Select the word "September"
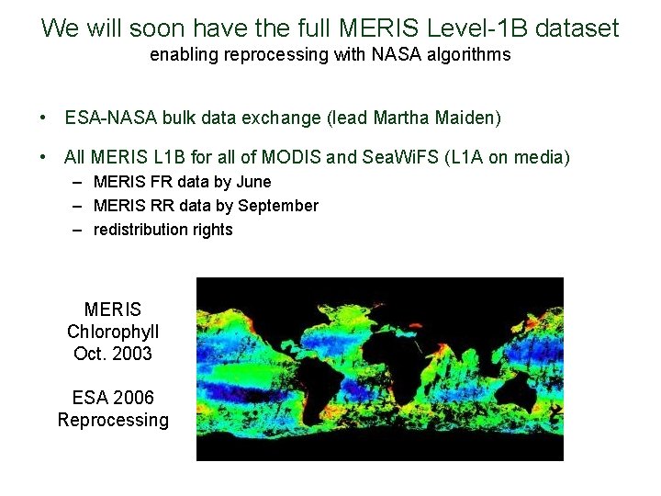[278, 206]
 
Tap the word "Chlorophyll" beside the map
[113, 332]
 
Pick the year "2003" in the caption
[132, 354]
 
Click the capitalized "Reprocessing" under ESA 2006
[113, 420]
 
